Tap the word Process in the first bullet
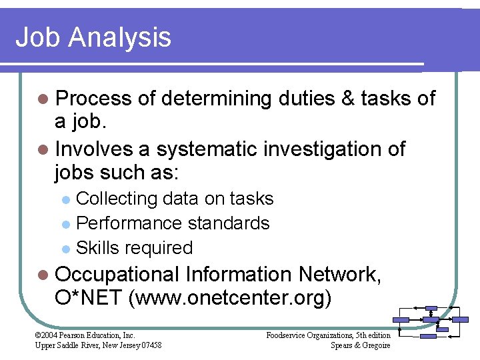click(94, 99)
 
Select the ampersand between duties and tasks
click(347, 99)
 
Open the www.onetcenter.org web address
click(232, 299)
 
